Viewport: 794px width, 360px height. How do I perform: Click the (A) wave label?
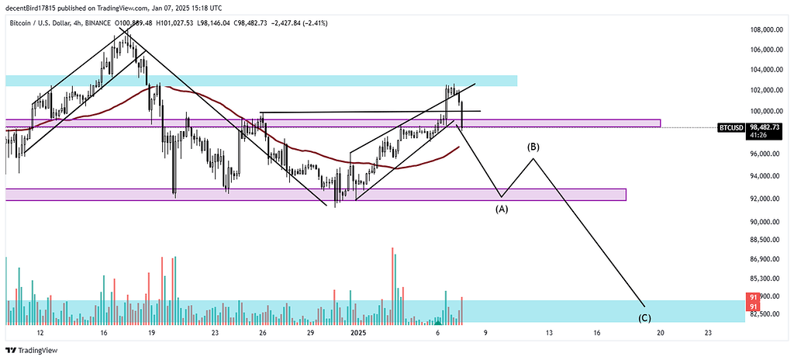pyautogui.click(x=502, y=209)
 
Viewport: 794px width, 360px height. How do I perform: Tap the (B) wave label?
pyautogui.click(x=533, y=147)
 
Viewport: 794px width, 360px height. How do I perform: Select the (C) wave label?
pyautogui.click(x=644, y=318)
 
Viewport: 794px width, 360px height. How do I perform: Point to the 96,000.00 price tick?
pyautogui.click(x=764, y=154)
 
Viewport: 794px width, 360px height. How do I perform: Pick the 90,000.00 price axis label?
pyautogui.click(x=764, y=222)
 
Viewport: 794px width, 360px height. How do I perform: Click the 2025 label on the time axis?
pyautogui.click(x=357, y=332)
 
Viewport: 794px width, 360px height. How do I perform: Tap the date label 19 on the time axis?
pyautogui.click(x=151, y=332)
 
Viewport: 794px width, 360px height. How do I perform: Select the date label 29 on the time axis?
pyautogui.click(x=310, y=332)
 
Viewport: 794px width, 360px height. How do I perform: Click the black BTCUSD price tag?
pyautogui.click(x=731, y=126)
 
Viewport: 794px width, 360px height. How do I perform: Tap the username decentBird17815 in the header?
pyautogui.click(x=36, y=7)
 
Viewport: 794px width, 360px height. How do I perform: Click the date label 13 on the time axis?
pyautogui.click(x=549, y=332)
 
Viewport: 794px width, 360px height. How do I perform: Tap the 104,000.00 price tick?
pyautogui.click(x=764, y=69)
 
